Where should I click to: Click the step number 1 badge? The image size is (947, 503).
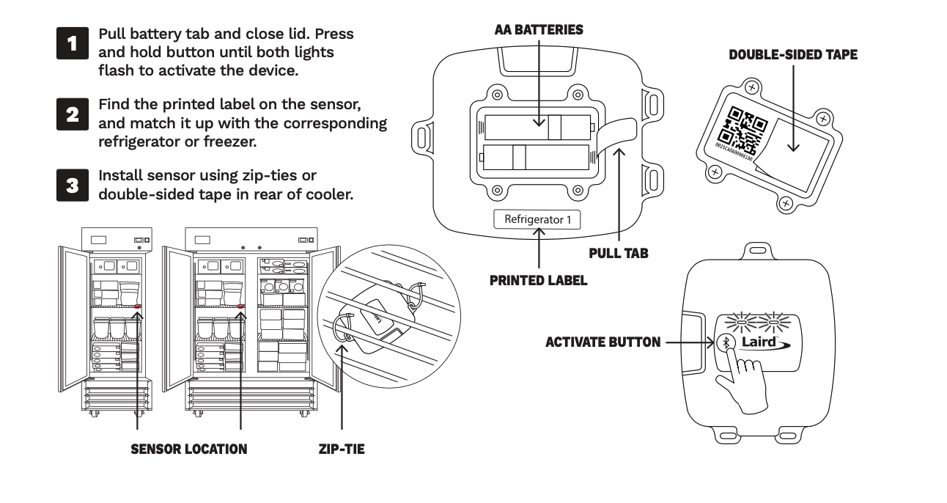tap(72, 43)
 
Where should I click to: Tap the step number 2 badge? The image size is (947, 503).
tap(72, 114)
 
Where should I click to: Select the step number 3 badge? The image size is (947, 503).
tap(72, 185)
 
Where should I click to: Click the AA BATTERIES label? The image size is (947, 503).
tap(539, 30)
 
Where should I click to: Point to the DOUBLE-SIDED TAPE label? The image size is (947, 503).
tap(793, 55)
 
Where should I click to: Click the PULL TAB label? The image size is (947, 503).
tap(619, 254)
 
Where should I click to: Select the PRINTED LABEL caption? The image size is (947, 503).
tap(539, 280)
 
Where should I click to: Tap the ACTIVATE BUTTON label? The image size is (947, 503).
tap(603, 342)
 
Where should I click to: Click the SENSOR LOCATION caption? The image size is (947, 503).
tap(188, 449)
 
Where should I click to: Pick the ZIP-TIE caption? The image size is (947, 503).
tap(342, 449)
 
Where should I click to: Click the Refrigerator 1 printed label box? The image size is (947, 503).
tap(537, 219)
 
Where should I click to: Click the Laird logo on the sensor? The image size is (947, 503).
tap(768, 342)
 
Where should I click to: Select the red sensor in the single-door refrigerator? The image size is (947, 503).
tap(138, 306)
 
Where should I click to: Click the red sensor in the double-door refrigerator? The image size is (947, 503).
tap(241, 306)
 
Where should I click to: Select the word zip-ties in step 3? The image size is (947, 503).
tap(265, 176)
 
